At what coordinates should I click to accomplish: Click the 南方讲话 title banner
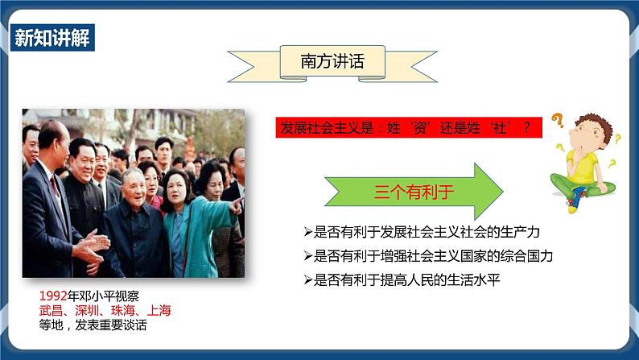point(332,62)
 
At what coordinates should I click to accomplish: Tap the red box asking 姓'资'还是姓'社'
point(408,128)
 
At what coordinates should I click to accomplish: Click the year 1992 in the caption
point(52,296)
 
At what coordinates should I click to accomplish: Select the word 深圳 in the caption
point(83,310)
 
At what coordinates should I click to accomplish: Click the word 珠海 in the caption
point(120,310)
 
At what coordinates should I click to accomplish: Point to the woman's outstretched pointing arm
point(217,214)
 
